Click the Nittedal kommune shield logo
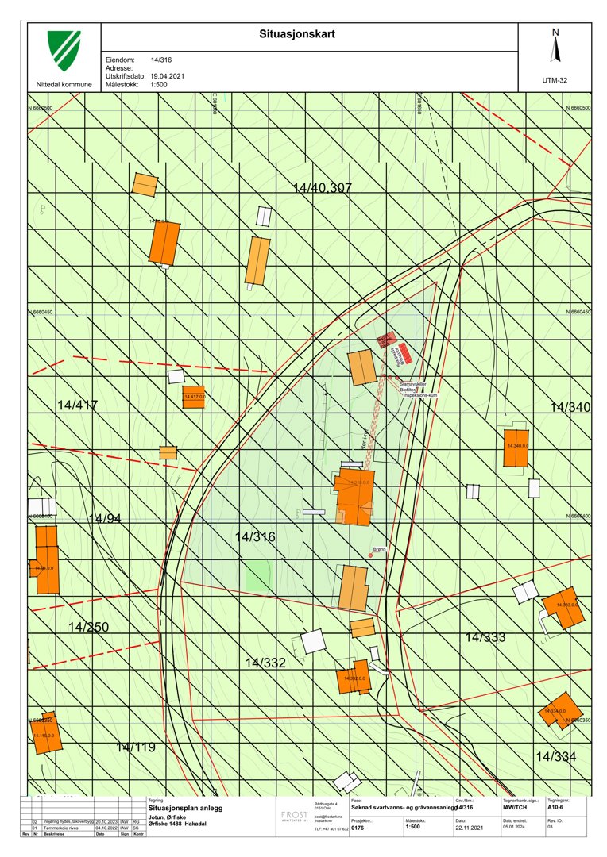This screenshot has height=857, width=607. (x=64, y=52)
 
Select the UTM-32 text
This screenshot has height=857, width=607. (x=555, y=80)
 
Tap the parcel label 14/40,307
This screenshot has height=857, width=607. (x=322, y=188)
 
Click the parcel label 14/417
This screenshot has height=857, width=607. (x=77, y=405)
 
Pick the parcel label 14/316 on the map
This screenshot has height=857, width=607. (x=255, y=537)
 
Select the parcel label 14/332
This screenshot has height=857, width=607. (x=265, y=663)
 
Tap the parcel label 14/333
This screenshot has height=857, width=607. (x=485, y=637)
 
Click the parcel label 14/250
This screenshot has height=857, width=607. (x=88, y=628)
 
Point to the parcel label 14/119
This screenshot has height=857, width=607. (x=136, y=747)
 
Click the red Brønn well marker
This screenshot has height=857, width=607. (x=370, y=555)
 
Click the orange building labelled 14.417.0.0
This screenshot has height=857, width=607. (x=194, y=398)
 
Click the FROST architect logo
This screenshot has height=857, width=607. (x=295, y=816)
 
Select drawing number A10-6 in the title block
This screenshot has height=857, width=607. (x=556, y=809)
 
